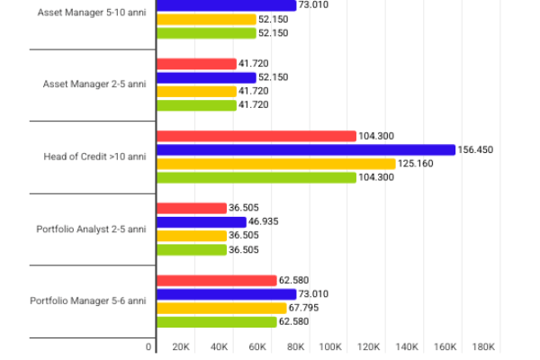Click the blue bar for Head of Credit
pos(306,149)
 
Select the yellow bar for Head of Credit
pos(276,164)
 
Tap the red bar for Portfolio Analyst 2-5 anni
pos(192,208)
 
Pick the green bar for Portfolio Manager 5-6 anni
pos(217,321)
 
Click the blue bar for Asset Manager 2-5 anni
pos(206,77)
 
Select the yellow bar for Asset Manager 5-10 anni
pos(206,19)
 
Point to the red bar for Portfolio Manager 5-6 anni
pos(217,280)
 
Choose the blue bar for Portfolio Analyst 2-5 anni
pos(202,221)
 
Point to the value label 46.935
pos(266,221)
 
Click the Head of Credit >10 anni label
pos(94,157)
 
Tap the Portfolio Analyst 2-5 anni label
pos(91,229)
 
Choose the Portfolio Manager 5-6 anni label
pos(88,301)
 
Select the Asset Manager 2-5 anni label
pos(94,85)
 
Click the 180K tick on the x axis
pos(484,346)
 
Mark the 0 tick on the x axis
pos(149,346)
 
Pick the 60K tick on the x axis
pos(257,346)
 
